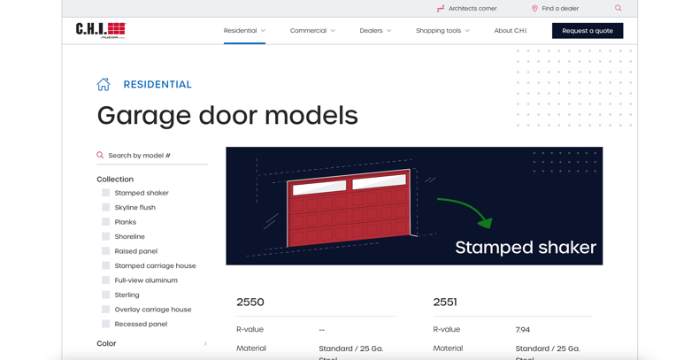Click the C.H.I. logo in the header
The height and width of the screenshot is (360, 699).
pos(101,30)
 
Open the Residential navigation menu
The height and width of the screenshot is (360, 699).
pos(244,31)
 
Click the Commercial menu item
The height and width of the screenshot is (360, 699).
pos(312,31)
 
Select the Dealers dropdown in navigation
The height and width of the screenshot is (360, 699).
pos(375,31)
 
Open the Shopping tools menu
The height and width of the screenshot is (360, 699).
pos(442,31)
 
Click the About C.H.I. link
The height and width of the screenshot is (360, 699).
pos(511,31)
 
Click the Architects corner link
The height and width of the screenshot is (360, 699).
pos(466,9)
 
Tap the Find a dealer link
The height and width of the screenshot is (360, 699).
pos(555,9)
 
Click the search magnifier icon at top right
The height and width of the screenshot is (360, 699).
pos(618,9)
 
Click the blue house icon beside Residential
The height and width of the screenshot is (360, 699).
pos(104,84)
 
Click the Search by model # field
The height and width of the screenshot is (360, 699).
pos(155,156)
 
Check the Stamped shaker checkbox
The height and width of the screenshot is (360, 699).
pos(106,193)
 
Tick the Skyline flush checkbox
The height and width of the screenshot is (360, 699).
pos(106,208)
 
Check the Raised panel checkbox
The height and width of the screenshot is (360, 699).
pos(106,251)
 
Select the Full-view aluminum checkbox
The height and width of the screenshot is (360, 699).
pos(106,280)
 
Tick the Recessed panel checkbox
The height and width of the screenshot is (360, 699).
pos(106,324)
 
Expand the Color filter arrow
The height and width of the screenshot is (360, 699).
pos(205,343)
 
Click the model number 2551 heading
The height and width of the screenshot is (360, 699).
pos(445,303)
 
